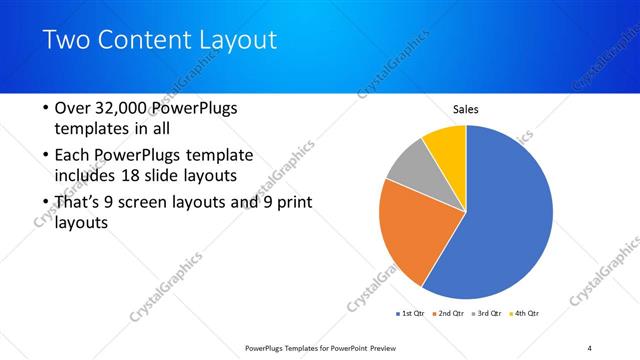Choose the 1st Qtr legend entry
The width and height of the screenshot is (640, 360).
[x=411, y=314]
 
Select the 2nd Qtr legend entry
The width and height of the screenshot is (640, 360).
[x=449, y=314]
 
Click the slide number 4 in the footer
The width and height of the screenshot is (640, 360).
[x=590, y=347]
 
